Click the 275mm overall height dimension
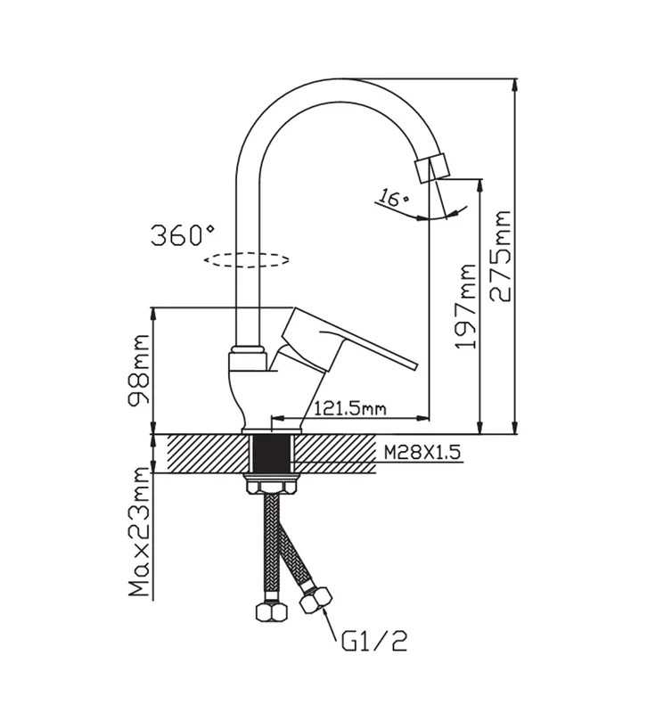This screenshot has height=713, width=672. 501,256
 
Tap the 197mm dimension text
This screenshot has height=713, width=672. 466,307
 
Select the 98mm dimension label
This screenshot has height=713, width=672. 139,371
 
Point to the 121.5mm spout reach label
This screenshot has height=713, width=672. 349,409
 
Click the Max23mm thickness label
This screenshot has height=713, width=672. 139,532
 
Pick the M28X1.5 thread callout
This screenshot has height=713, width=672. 422,453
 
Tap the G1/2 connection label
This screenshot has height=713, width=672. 374,640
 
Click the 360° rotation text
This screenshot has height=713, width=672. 183,234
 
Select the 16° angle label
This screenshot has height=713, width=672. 393,198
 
